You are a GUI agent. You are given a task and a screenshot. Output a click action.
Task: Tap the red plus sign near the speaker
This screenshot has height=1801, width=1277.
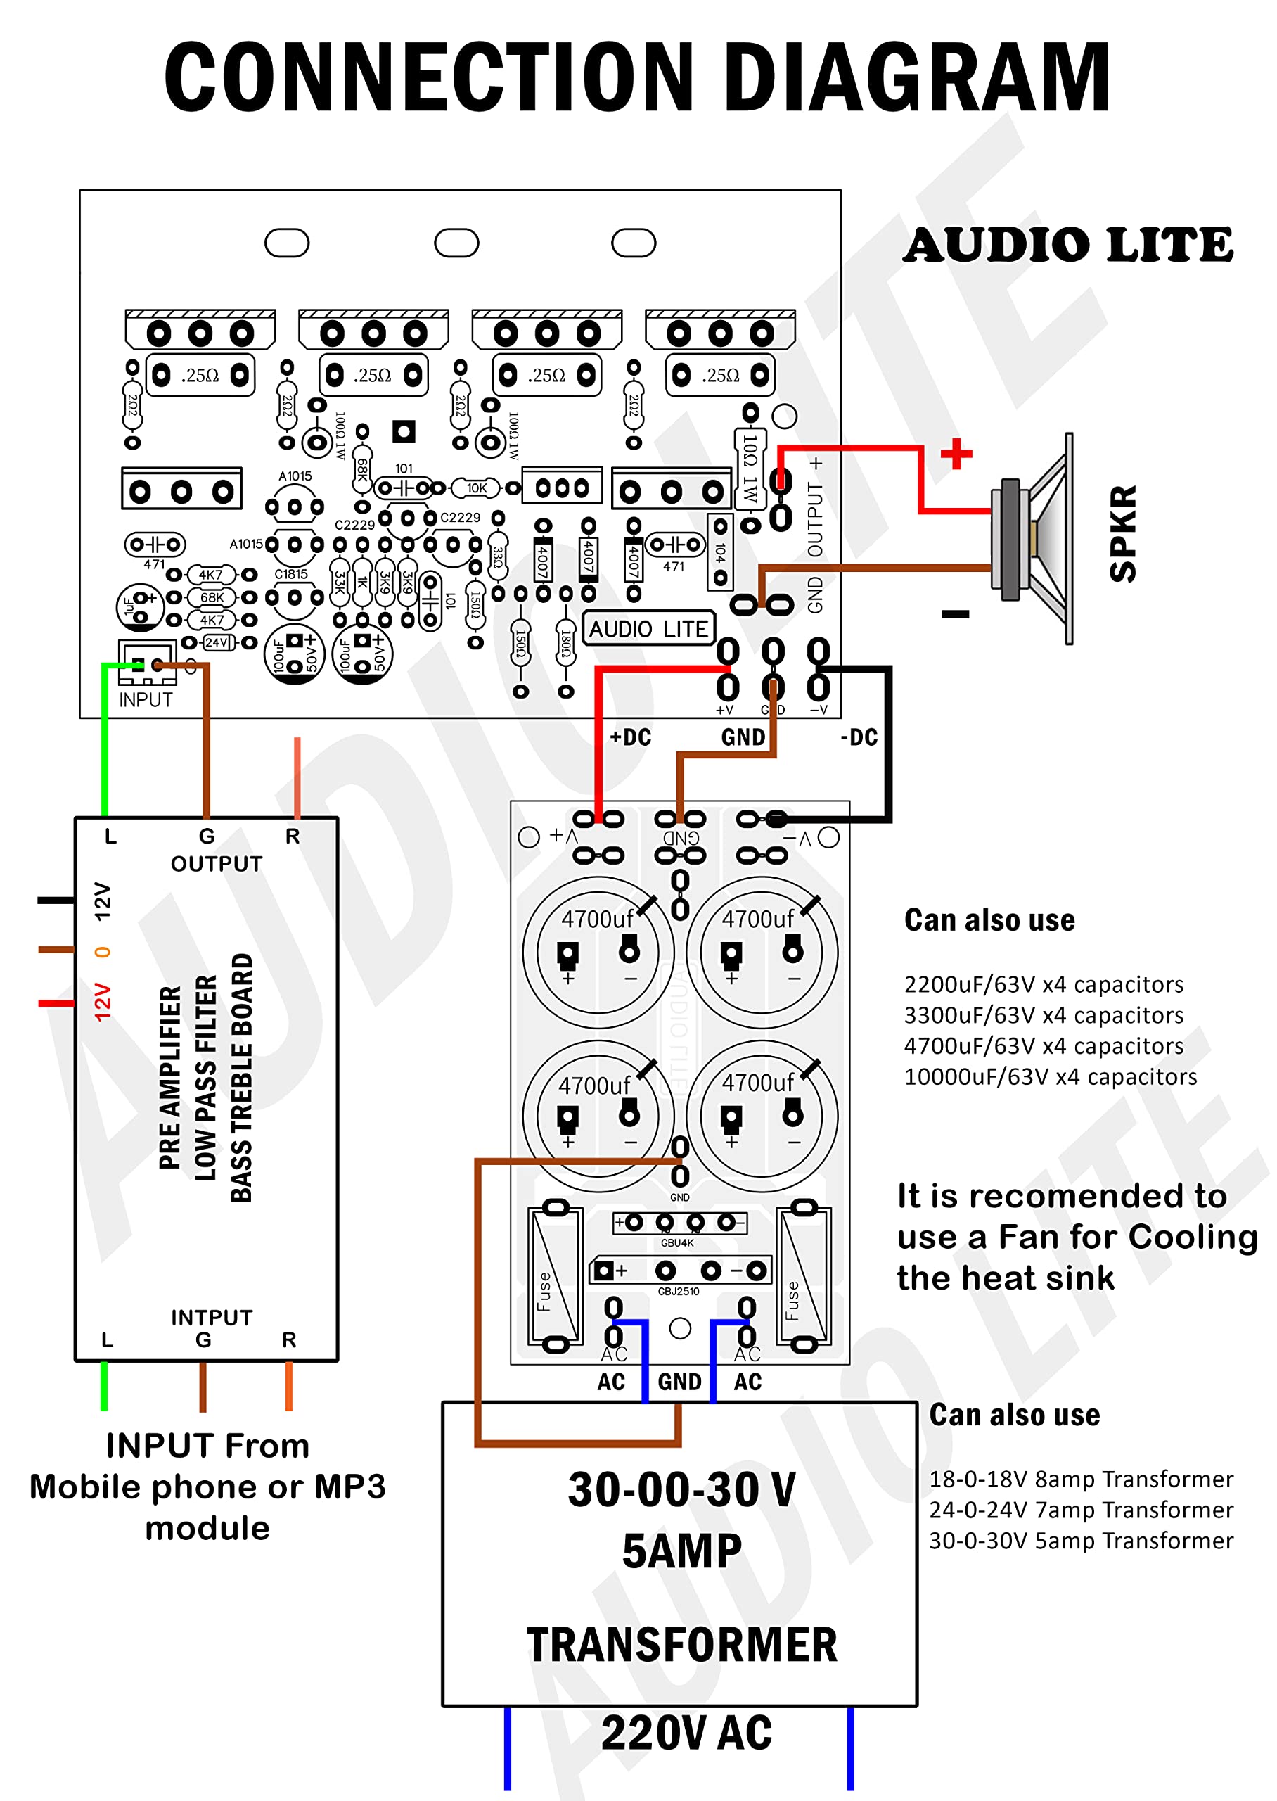click(x=956, y=454)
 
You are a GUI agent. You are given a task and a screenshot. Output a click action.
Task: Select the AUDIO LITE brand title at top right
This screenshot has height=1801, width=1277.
click(x=1068, y=245)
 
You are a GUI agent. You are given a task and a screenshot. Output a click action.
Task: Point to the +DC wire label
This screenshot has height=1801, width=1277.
click(x=631, y=737)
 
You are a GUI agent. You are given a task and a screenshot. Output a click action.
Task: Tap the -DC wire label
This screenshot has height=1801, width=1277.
click(x=859, y=737)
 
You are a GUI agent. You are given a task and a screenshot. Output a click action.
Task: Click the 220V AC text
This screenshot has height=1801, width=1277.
click(x=686, y=1732)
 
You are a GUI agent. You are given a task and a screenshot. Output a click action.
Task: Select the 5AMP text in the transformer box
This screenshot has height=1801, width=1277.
click(x=682, y=1551)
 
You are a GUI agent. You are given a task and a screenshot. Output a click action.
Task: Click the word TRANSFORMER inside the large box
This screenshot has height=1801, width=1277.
click(x=682, y=1645)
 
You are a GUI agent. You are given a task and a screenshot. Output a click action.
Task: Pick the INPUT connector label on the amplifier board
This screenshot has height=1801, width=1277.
click(x=146, y=699)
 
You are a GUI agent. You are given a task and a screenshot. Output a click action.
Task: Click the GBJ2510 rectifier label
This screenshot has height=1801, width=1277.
click(x=678, y=1292)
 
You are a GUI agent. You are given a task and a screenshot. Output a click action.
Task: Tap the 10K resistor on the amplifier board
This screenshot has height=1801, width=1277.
click(x=477, y=488)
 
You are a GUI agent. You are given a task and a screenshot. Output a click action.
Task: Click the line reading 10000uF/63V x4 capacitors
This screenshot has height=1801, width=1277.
click(x=1050, y=1076)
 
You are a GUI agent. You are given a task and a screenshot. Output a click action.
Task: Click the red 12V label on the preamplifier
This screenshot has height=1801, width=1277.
click(x=102, y=1002)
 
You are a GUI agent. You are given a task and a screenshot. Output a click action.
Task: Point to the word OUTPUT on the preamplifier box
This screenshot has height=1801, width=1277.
click(x=217, y=863)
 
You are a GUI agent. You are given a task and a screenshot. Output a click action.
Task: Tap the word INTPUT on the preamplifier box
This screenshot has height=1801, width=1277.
click(x=212, y=1317)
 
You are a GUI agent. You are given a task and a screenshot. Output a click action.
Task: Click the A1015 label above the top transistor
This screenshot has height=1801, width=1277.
click(x=295, y=476)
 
